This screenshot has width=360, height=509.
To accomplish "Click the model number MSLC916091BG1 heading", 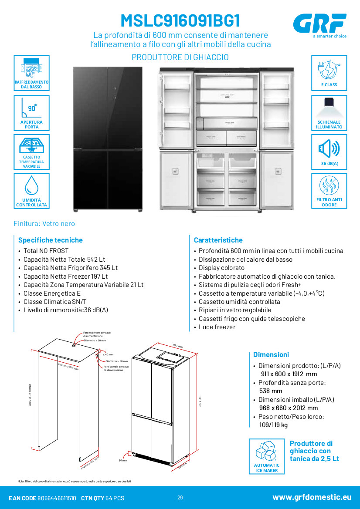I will pyautogui.click(x=180, y=21).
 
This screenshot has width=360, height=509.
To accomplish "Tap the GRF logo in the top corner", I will pyautogui.click(x=319, y=23).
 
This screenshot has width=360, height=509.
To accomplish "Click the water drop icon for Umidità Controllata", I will pyautogui.click(x=31, y=185).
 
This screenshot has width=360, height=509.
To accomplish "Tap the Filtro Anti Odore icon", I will pyautogui.click(x=329, y=186).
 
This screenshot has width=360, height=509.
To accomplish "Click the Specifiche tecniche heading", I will pyautogui.click(x=50, y=240).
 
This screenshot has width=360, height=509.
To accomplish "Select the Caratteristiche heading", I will pyautogui.click(x=218, y=240).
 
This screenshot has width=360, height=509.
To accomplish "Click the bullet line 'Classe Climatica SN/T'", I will pyautogui.click(x=55, y=302).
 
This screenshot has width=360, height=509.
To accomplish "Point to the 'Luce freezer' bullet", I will pyautogui.click(x=217, y=327).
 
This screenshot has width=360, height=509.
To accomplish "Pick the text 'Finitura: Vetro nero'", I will pyautogui.click(x=44, y=223).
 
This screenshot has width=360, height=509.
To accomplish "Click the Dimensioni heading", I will pyautogui.click(x=271, y=354).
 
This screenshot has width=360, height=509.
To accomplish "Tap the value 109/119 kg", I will pyautogui.click(x=273, y=425).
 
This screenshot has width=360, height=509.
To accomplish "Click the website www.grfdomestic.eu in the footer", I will pyautogui.click(x=312, y=497).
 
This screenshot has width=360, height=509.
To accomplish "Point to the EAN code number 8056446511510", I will pyautogui.click(x=57, y=498).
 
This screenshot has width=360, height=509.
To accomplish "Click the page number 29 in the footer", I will pyautogui.click(x=180, y=498).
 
